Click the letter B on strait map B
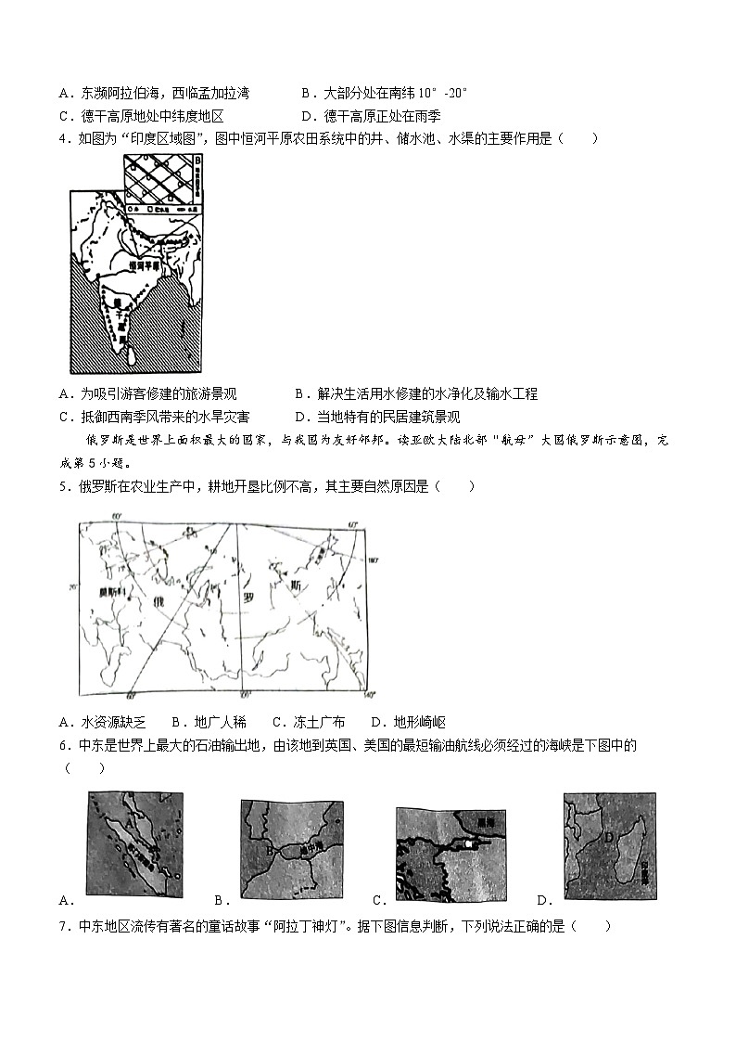point(270,850)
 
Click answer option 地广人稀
point(221,722)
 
